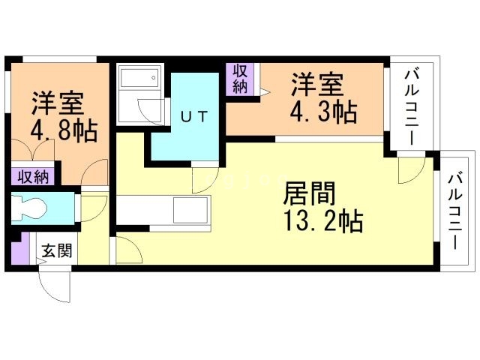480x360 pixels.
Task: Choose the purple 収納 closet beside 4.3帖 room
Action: [240, 78]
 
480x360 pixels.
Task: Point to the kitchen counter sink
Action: [191, 209]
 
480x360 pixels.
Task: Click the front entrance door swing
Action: [52, 283]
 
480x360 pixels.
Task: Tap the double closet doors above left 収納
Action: [34, 154]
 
